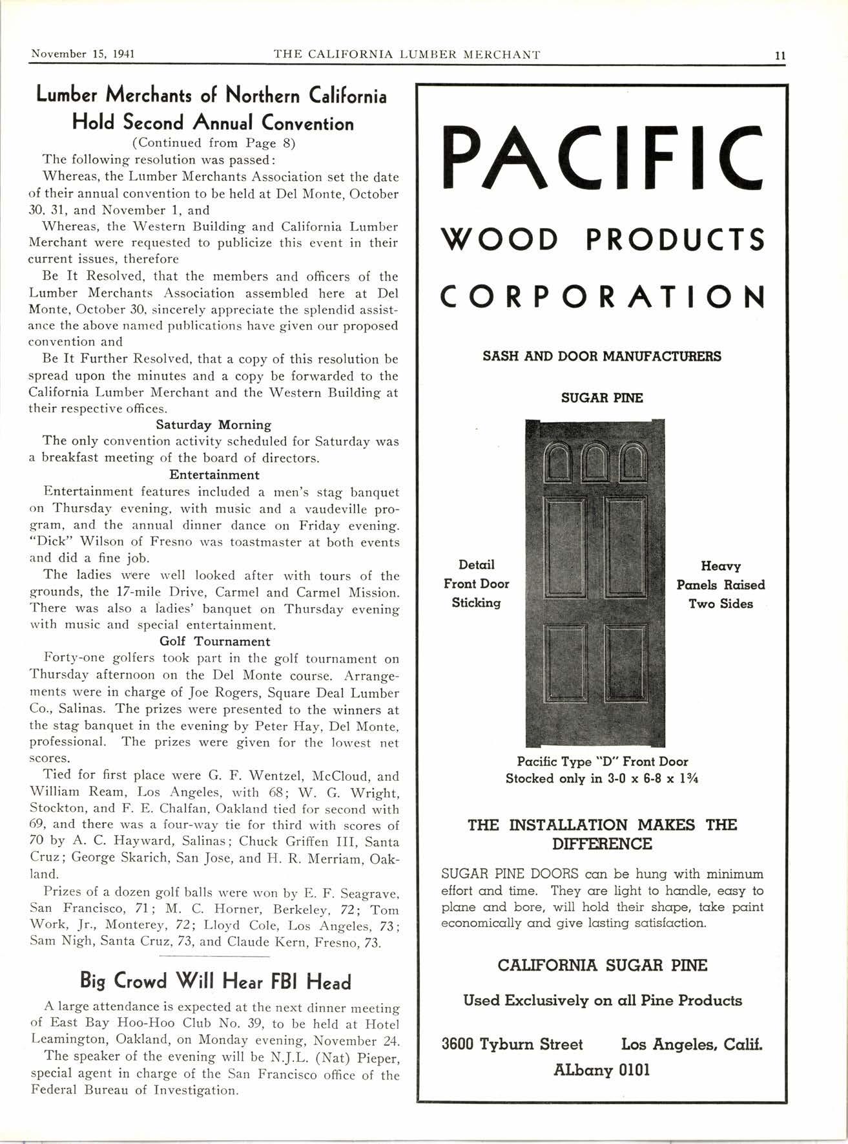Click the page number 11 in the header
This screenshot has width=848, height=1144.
tap(780, 55)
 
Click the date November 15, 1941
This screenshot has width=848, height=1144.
tap(83, 54)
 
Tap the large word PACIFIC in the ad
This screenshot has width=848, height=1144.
tap(601, 157)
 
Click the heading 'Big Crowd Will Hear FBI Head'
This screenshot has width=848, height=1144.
tap(215, 981)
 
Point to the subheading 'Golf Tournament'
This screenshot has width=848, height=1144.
tap(214, 641)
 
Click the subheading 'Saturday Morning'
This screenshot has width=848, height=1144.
tap(213, 425)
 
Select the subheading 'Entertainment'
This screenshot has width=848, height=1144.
tap(214, 474)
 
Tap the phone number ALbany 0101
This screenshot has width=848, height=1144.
tap(601, 1070)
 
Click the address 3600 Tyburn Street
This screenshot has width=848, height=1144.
tap(512, 1044)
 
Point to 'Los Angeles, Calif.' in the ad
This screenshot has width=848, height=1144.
tap(692, 1044)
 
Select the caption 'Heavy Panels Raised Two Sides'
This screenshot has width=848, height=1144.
tap(720, 585)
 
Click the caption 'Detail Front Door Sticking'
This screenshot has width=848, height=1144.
tap(476, 584)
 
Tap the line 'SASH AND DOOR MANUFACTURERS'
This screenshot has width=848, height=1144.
tap(601, 356)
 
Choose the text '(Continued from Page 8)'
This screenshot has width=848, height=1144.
tap(214, 143)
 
